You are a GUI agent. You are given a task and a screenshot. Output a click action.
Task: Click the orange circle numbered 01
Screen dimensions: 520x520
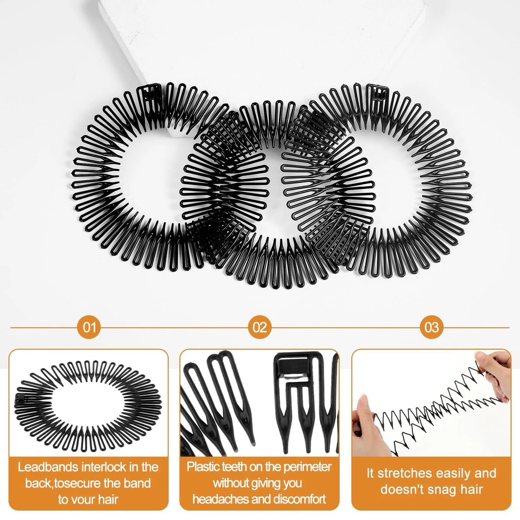tap(89, 327)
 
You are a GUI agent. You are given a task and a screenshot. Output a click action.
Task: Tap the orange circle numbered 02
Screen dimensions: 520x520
tap(260, 327)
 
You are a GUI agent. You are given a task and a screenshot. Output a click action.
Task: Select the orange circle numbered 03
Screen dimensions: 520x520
tap(431, 327)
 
